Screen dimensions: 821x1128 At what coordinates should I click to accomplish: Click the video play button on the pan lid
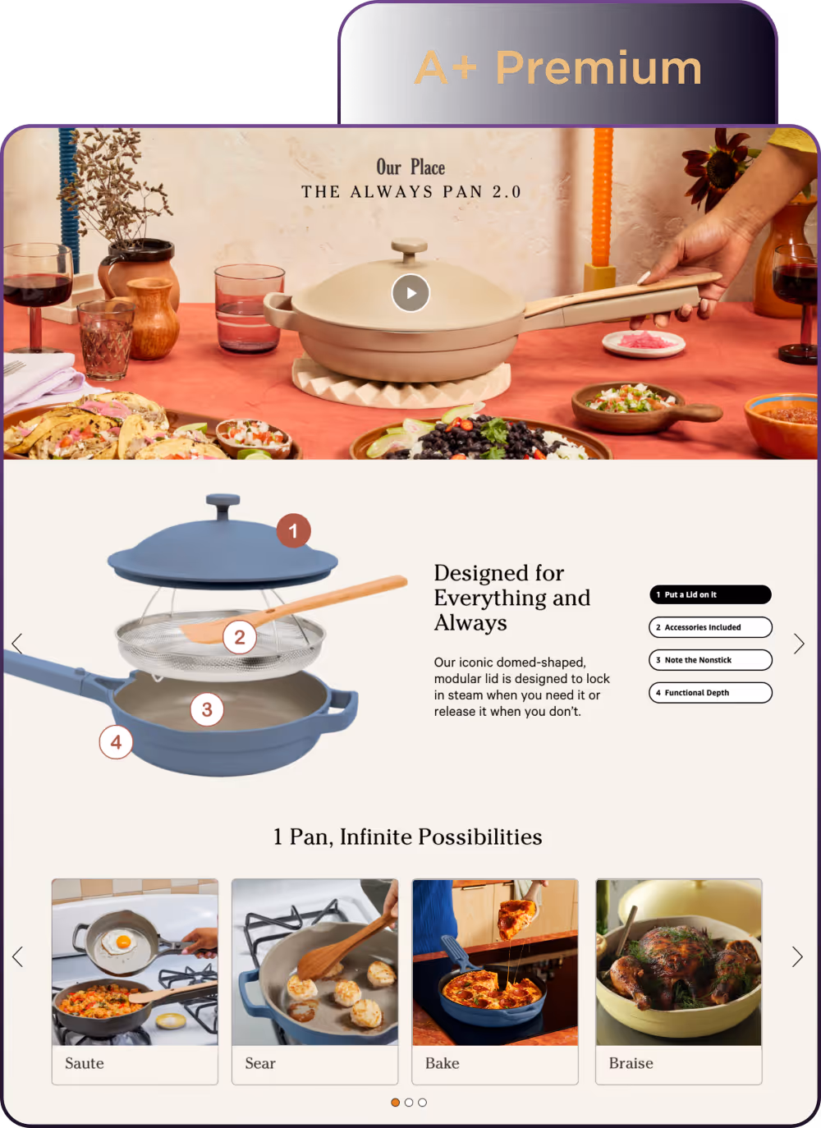click(410, 292)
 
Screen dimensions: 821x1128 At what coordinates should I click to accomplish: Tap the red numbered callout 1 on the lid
click(293, 531)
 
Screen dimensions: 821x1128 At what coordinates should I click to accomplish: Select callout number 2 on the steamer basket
click(240, 637)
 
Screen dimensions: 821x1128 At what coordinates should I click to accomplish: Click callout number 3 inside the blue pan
click(207, 709)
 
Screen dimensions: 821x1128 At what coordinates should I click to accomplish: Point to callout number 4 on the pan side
click(116, 742)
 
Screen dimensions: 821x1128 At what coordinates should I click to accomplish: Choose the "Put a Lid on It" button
click(710, 594)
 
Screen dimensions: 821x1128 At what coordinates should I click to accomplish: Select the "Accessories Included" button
click(710, 627)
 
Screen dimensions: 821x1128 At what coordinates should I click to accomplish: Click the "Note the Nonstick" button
click(710, 660)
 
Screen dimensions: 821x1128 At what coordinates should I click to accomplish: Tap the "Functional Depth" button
click(710, 692)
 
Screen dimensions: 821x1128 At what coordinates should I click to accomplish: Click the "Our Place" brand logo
click(410, 167)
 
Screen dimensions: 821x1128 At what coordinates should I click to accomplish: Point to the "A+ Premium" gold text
click(558, 67)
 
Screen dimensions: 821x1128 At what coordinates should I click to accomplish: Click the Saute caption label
click(85, 1063)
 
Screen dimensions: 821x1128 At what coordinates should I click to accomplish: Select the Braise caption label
click(631, 1063)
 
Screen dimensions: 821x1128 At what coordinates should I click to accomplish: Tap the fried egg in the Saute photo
click(119, 941)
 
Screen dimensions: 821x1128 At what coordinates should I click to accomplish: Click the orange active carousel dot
click(396, 1103)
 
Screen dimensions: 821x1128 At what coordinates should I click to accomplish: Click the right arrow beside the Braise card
click(797, 956)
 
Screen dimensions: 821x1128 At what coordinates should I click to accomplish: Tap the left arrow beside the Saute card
click(17, 956)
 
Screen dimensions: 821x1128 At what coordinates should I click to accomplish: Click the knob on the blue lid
click(223, 506)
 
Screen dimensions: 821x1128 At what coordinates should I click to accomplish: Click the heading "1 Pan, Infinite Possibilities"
click(407, 837)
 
